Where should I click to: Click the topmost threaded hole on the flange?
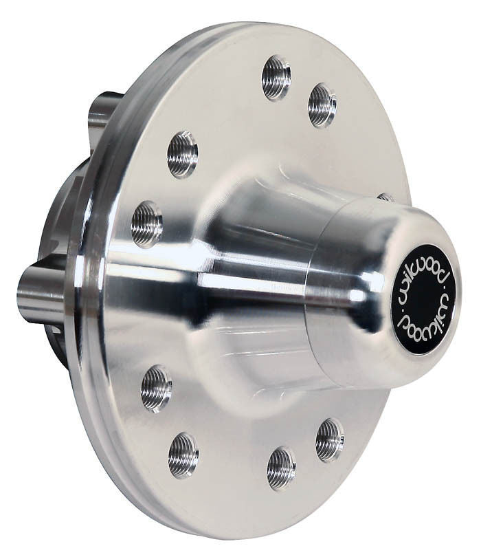pyautogui.click(x=276, y=77)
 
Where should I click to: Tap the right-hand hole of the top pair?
pyautogui.click(x=322, y=105)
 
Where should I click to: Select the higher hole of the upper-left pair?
pyautogui.click(x=183, y=153)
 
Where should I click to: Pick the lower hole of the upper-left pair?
pyautogui.click(x=147, y=224)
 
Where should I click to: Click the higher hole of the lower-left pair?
pyautogui.click(x=157, y=389)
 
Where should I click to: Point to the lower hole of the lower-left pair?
pyautogui.click(x=183, y=455)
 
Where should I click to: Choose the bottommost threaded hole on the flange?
pyautogui.click(x=281, y=468)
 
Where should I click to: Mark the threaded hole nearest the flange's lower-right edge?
pyautogui.click(x=330, y=439)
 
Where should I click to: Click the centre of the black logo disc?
pyautogui.click(x=425, y=298)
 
